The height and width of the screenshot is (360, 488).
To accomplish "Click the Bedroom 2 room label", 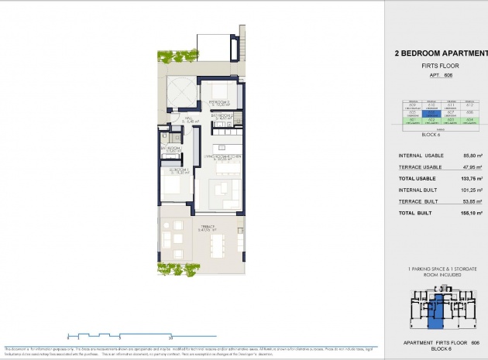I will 219,101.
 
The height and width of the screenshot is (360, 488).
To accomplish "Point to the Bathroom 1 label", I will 171,148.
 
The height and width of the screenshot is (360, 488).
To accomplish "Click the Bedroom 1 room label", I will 179,171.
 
